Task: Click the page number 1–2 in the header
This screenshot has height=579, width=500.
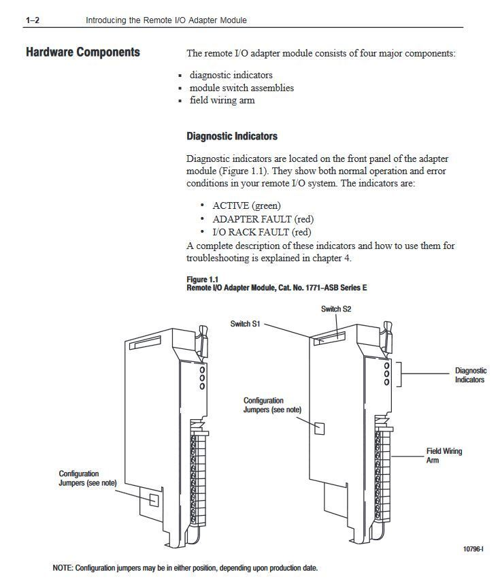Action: coord(33,20)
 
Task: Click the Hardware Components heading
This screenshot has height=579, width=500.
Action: coord(83,52)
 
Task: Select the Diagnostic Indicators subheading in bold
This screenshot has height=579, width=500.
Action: coord(232,136)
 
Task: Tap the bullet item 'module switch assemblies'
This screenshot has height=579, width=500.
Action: coord(241,88)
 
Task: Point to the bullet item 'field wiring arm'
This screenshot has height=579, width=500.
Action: coord(222,101)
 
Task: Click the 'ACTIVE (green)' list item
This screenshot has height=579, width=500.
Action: coord(246,205)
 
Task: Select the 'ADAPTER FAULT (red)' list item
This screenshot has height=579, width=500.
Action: coord(263,219)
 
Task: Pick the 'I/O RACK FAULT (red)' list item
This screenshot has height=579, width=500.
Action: coord(262,232)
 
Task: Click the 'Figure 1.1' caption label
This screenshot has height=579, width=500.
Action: coord(203,280)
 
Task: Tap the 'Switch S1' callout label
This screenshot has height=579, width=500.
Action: coord(245,324)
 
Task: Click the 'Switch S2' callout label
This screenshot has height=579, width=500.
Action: coord(336,310)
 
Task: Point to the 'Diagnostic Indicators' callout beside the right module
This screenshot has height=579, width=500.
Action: coord(471,376)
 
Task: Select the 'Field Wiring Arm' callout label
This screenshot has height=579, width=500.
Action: coord(444,455)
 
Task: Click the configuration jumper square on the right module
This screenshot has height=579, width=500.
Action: coord(319,429)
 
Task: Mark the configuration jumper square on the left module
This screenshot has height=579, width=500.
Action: coord(154,500)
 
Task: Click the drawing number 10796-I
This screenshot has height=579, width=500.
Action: coord(473,549)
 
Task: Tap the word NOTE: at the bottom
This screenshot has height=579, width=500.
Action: coord(63,567)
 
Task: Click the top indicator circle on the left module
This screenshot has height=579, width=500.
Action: coord(202,369)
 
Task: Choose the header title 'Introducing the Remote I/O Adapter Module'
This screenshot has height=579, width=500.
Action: coord(166,20)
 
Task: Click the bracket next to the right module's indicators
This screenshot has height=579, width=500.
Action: coord(399,374)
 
